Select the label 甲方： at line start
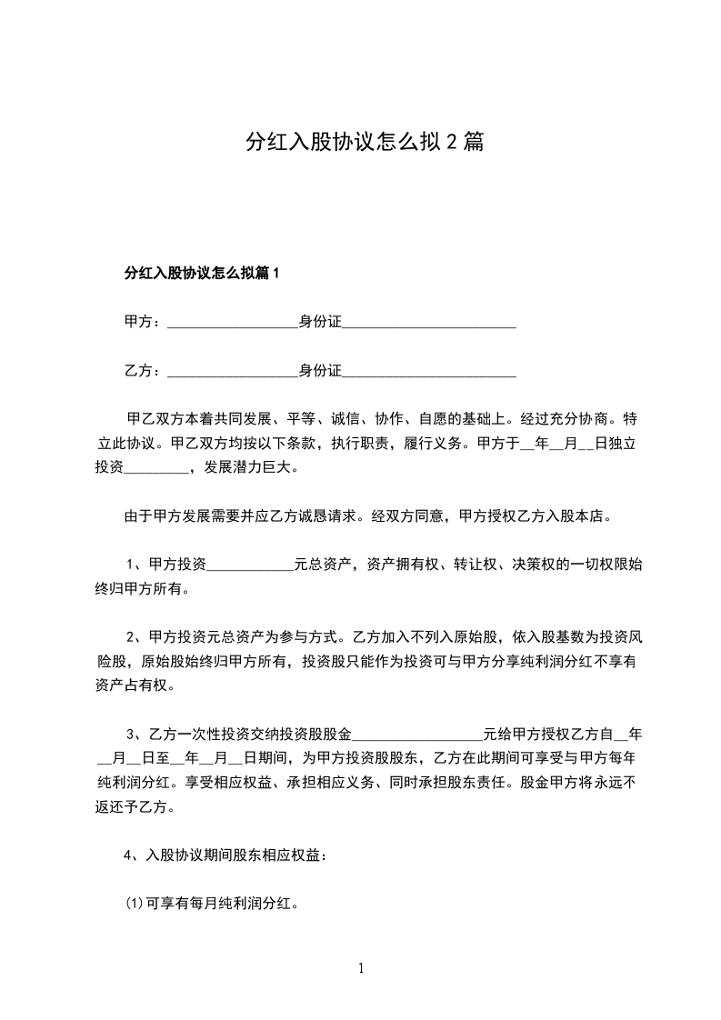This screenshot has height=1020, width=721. tap(143, 322)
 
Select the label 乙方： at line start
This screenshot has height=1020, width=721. tap(143, 371)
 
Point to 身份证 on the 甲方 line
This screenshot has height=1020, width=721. tap(320, 322)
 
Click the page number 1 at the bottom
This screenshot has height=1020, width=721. tap(361, 968)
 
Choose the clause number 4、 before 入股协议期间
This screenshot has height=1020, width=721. tap(133, 855)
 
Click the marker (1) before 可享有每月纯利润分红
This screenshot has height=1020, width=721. tap(134, 905)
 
